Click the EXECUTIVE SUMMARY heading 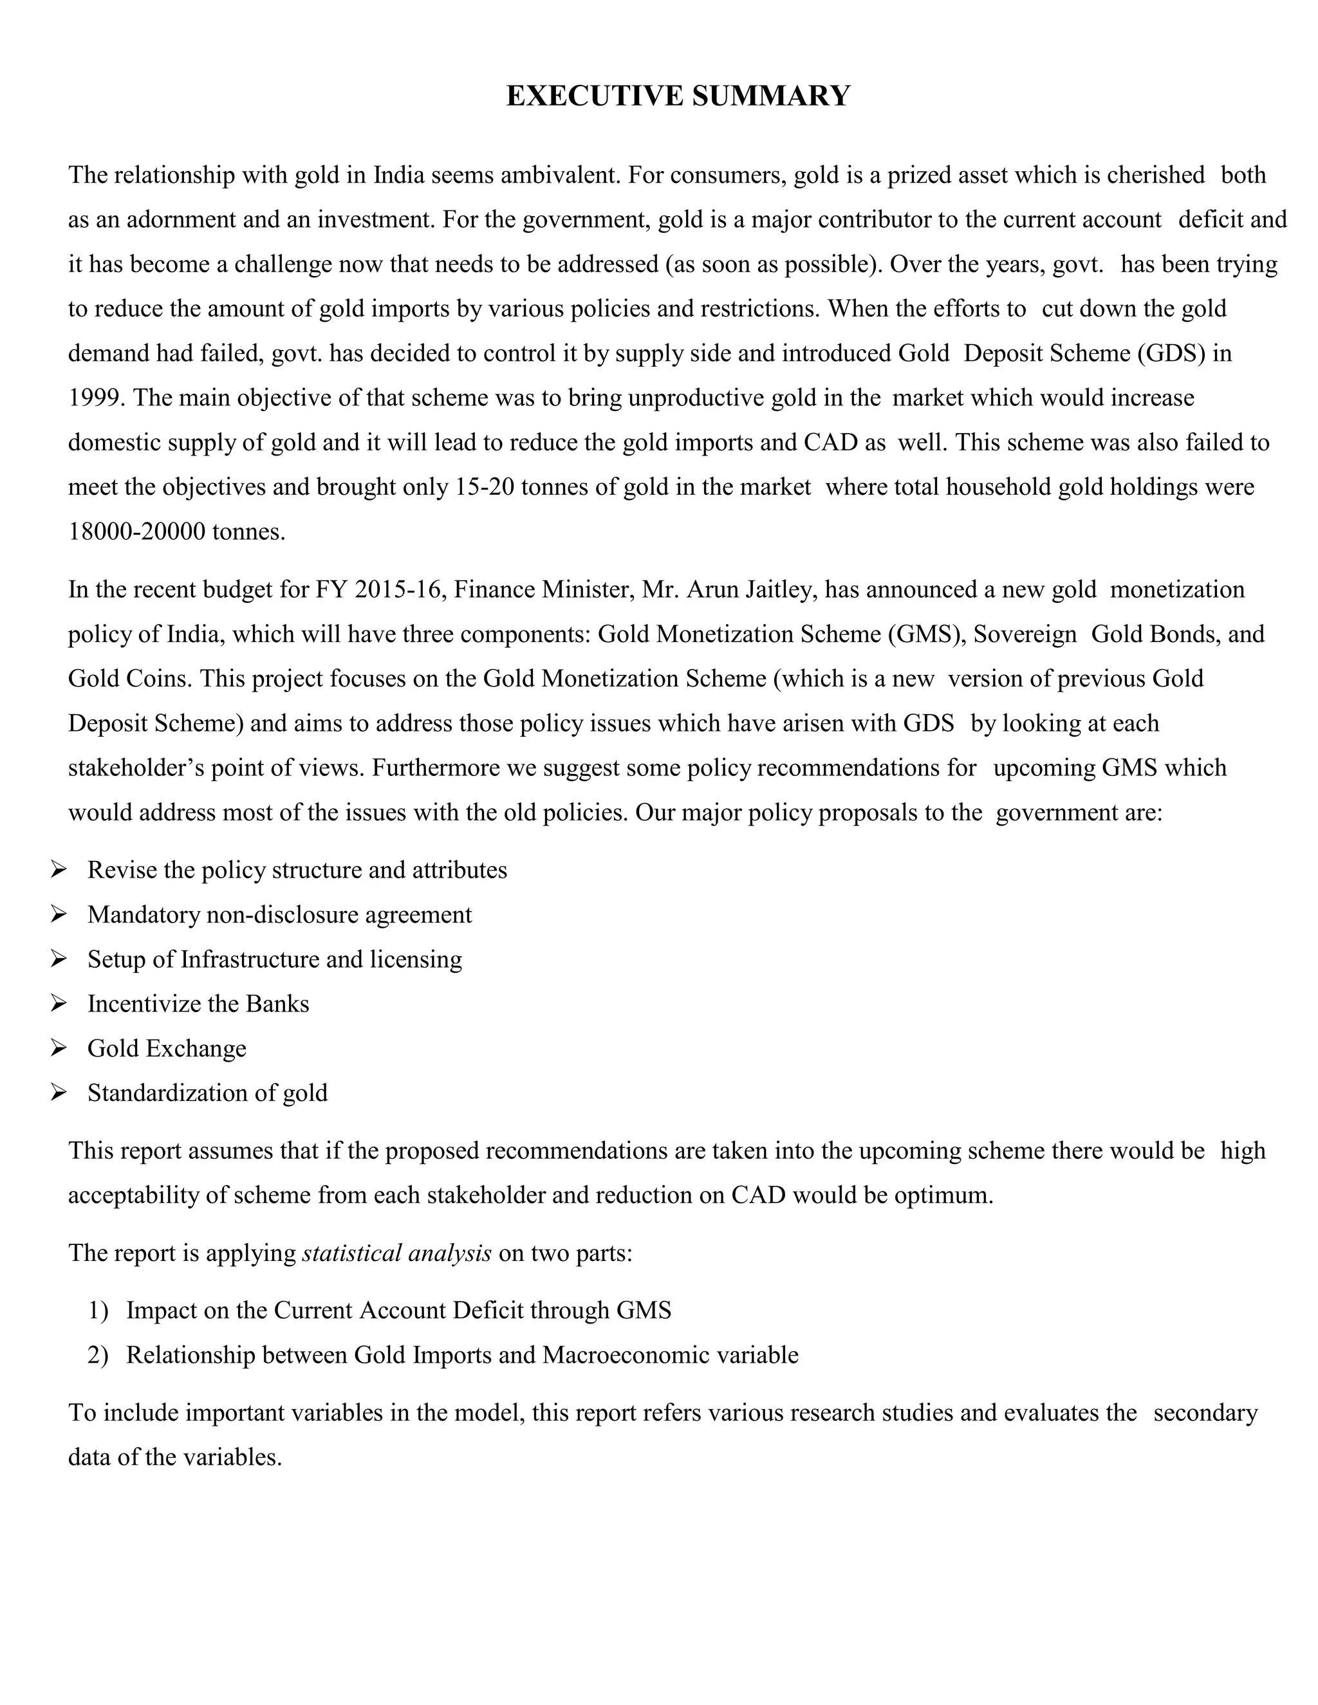[x=678, y=96]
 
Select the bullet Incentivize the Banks [x=198, y=1003]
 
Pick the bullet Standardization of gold [x=207, y=1092]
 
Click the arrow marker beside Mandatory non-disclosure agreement [x=59, y=914]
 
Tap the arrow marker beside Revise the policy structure [x=59, y=870]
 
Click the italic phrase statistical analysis [x=396, y=1253]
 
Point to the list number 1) [x=98, y=1310]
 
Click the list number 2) [x=98, y=1354]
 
